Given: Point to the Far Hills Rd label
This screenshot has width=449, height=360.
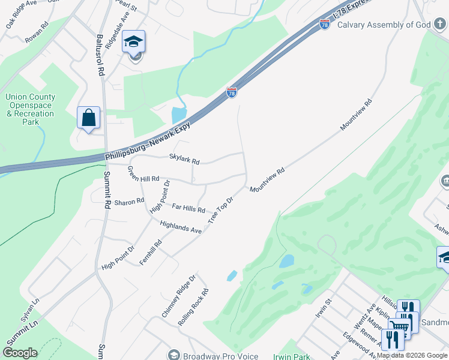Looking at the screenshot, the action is coord(188,208).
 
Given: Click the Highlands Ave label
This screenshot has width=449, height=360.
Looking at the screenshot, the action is coord(181,226).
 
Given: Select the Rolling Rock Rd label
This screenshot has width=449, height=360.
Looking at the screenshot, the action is coord(193,308).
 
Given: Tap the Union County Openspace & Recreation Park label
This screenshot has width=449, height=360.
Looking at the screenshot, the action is coord(30,109).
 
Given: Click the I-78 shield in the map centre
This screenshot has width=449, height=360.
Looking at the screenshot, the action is coord(232,92).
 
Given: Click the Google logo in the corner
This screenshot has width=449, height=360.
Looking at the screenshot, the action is coord(20,353).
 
